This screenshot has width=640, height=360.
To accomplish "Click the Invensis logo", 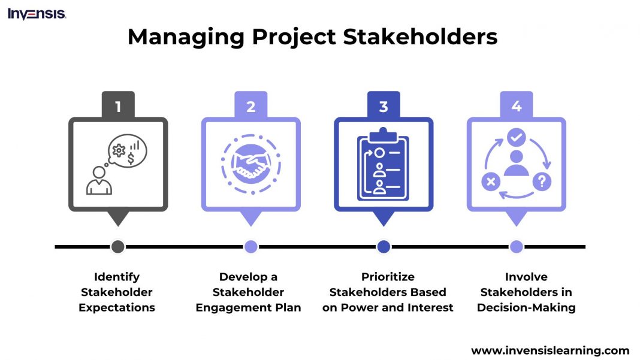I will (37, 14).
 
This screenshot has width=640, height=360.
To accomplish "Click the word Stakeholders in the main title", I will (420, 37).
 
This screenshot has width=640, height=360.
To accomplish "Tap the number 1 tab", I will (118, 107).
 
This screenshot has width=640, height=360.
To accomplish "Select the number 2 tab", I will (251, 107).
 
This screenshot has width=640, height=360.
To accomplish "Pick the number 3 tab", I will (384, 107).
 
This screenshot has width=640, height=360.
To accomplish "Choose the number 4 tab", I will (517, 107).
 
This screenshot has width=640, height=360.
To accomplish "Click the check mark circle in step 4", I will (516, 138).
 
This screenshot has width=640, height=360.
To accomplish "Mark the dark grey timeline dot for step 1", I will (118, 246).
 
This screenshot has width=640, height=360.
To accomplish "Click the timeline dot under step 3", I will (384, 246).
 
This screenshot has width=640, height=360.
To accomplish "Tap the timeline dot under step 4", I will (517, 246).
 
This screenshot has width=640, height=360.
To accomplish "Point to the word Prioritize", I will (388, 277).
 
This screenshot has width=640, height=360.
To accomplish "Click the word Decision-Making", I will (526, 308).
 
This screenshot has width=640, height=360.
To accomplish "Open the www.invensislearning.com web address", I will (550, 351).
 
